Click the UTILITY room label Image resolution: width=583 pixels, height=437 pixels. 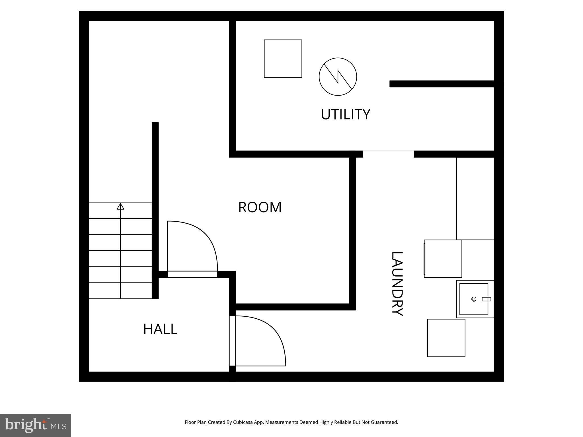tap(345, 114)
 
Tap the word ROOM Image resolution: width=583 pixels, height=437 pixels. tap(260, 207)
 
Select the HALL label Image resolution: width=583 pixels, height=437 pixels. tap(160, 329)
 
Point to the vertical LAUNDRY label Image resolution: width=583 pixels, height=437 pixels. tap(397, 284)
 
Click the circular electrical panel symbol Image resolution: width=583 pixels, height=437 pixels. tap(338, 77)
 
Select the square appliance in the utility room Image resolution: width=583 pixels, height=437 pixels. tap(283, 59)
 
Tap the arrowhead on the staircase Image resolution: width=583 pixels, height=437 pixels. tap(120, 207)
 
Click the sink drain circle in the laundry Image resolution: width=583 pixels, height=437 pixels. tap(474, 299)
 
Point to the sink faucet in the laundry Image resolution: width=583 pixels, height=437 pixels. tap(486, 299)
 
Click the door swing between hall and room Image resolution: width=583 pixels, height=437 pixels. tap(196, 245)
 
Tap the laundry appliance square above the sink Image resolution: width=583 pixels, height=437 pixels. tap(443, 259)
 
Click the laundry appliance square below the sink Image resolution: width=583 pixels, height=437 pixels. tap(446, 338)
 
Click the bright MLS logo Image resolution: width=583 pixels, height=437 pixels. tap(35, 425)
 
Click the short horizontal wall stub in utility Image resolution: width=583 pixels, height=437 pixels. tap(441, 84)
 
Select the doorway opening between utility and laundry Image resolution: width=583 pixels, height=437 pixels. tap(388, 154)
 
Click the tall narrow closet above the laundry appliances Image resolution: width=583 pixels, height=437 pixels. tap(475, 198)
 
